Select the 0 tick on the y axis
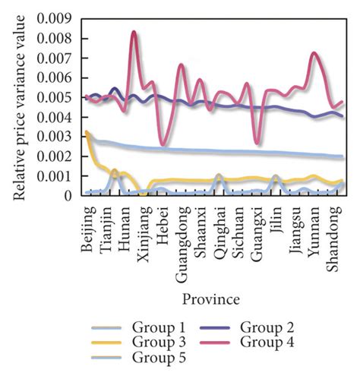71,196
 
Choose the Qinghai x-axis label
220,228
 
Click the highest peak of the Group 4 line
134,33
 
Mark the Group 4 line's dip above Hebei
162,144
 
